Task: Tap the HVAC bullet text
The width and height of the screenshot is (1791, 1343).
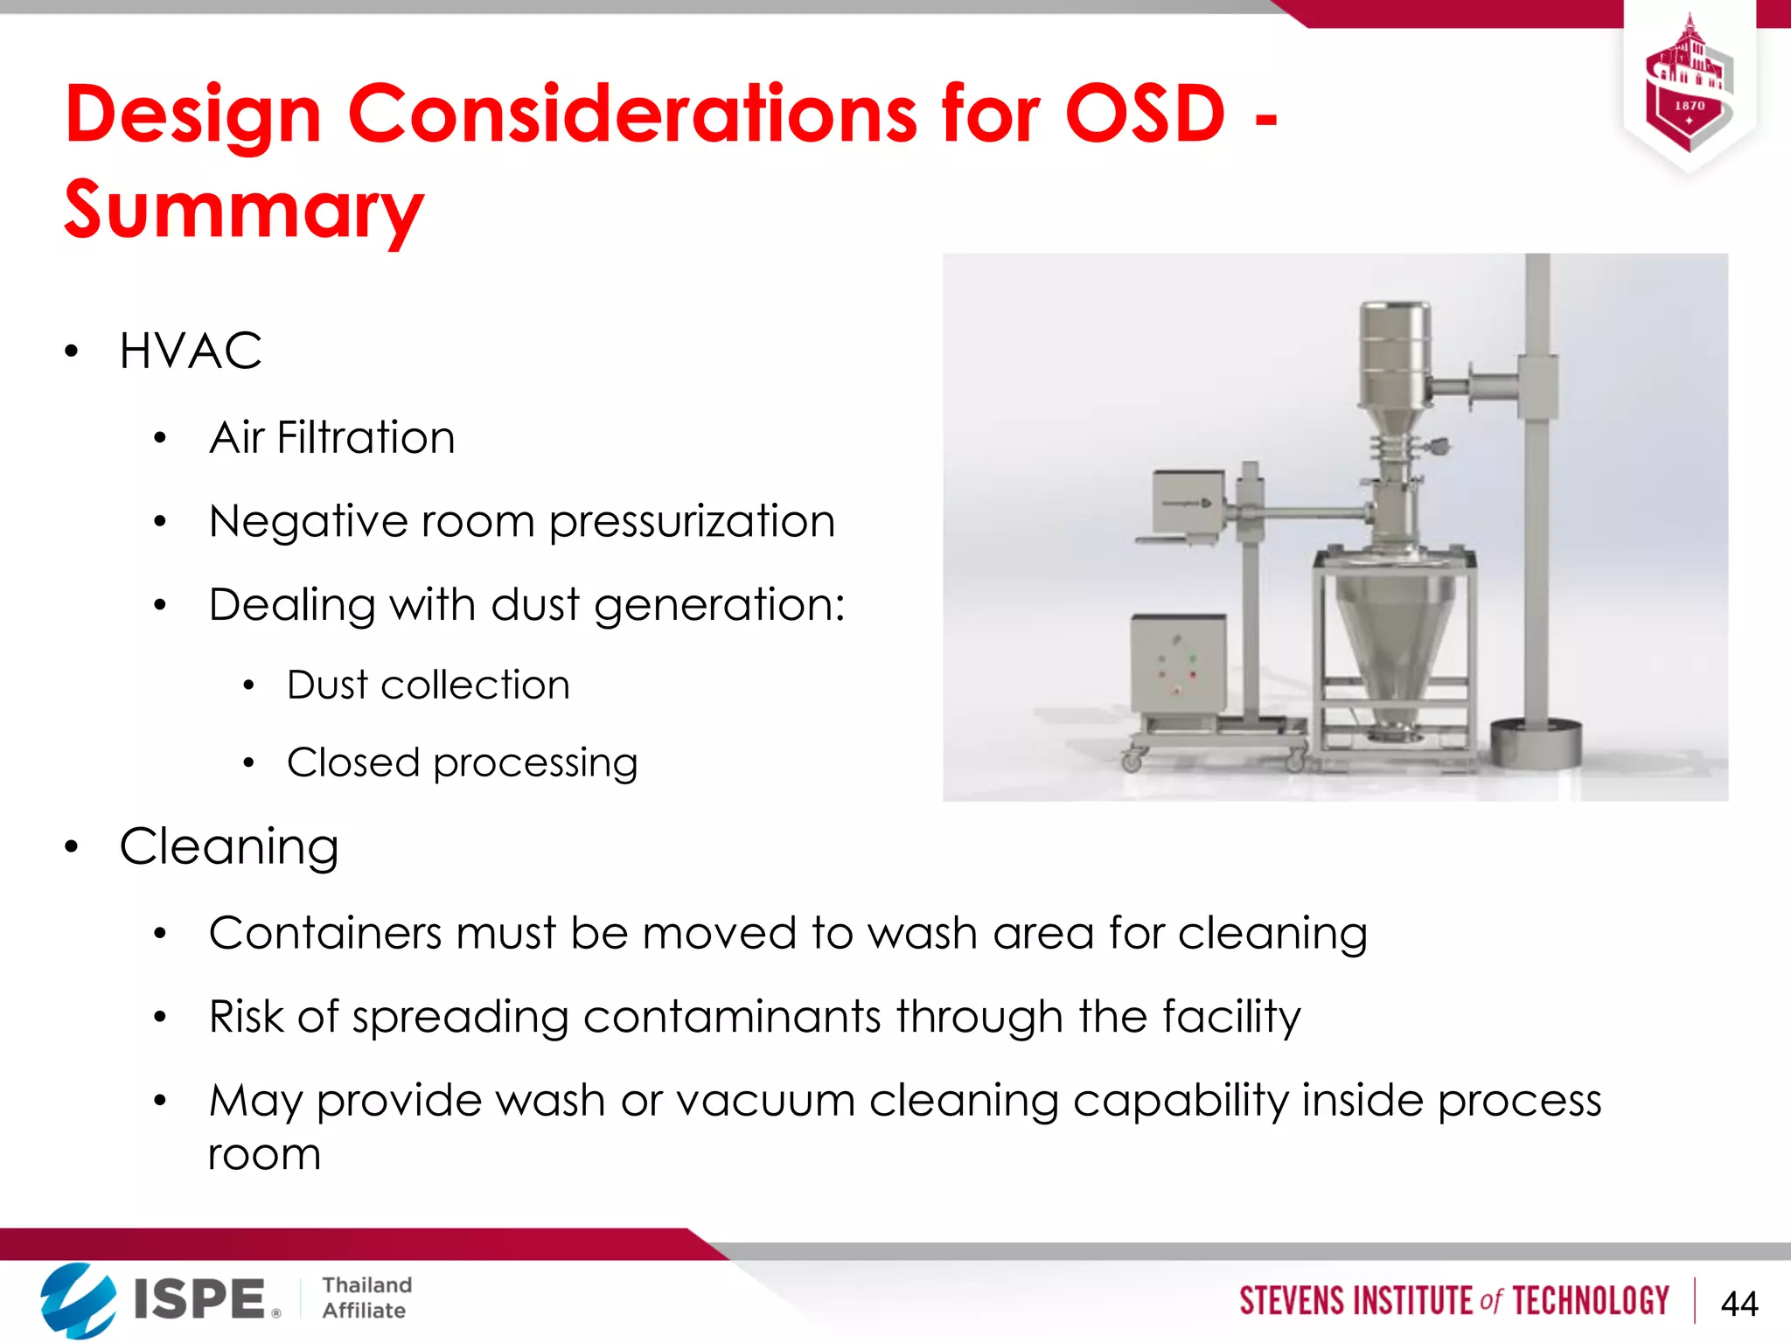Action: coord(191,351)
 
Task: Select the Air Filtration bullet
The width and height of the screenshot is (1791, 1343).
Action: coord(332,437)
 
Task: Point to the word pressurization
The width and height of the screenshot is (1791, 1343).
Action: coord(692,523)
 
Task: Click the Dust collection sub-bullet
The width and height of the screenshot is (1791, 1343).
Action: coord(429,685)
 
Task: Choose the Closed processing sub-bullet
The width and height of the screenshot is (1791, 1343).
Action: coord(462,763)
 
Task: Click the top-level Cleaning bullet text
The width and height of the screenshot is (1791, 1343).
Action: coord(229,846)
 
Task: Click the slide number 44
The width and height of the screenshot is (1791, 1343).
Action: coord(1739,1304)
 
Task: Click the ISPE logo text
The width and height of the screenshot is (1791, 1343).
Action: coord(199,1298)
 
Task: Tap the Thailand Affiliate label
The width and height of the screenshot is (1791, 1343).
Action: coord(366,1298)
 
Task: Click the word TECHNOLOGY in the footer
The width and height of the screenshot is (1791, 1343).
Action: coord(1591,1301)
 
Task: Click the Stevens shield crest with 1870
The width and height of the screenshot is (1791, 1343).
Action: coord(1689,87)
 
